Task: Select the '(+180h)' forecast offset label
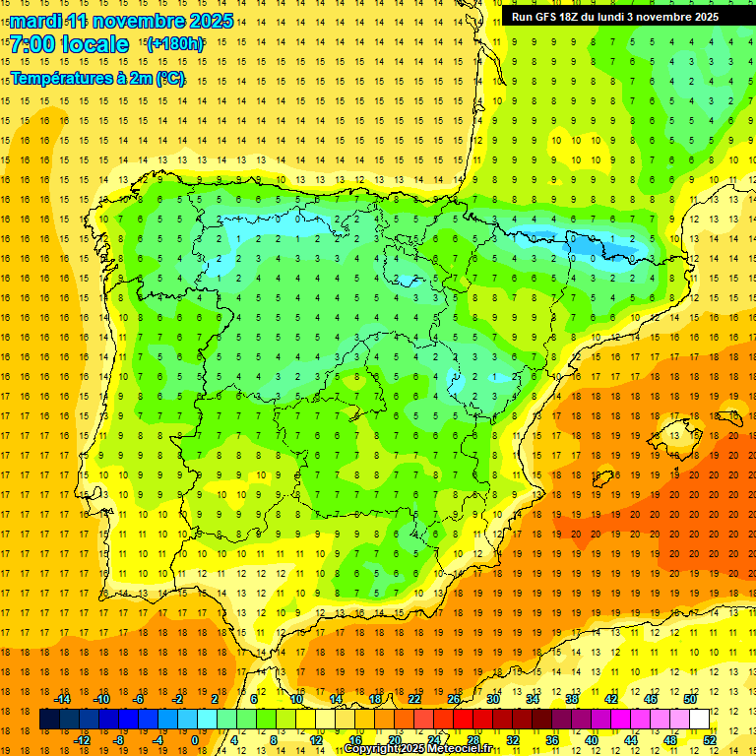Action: [175, 43]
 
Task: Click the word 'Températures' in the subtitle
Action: [62, 78]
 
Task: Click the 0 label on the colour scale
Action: [195, 740]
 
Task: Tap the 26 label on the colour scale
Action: [454, 699]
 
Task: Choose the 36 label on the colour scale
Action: [551, 740]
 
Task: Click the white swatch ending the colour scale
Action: [699, 720]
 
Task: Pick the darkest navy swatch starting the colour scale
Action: [50, 720]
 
